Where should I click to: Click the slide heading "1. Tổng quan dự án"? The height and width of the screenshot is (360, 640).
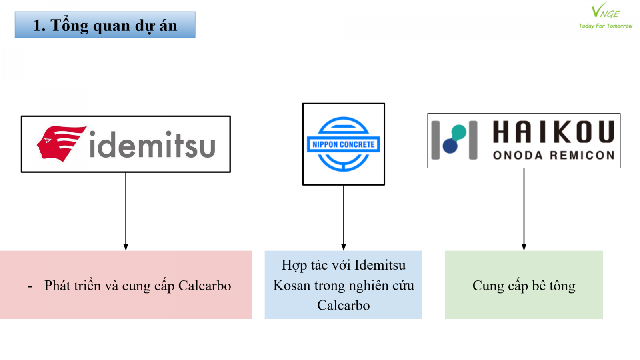[105, 25]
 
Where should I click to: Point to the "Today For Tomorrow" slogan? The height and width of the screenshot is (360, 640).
[605, 26]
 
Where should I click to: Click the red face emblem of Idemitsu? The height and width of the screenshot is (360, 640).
[61, 144]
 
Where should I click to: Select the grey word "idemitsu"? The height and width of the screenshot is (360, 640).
[152, 145]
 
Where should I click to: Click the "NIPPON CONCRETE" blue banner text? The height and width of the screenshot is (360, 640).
[344, 144]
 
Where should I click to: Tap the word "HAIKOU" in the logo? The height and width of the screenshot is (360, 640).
[553, 132]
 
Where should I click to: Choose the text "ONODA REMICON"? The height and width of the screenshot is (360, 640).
[554, 155]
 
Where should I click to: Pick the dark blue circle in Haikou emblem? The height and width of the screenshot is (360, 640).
[450, 146]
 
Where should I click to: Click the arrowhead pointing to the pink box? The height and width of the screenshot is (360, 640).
[126, 247]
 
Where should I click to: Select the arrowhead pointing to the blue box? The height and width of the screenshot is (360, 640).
[344, 247]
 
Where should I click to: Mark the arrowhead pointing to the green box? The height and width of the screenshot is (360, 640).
[524, 247]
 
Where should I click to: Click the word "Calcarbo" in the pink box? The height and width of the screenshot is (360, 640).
[204, 286]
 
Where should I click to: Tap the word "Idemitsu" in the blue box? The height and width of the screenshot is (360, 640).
[380, 265]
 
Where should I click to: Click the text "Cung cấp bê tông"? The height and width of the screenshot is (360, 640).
[524, 286]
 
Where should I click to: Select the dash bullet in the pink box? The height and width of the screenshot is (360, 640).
[30, 286]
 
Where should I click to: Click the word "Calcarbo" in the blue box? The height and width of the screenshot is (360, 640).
[344, 305]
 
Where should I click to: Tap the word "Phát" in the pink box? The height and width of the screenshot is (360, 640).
[58, 286]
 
